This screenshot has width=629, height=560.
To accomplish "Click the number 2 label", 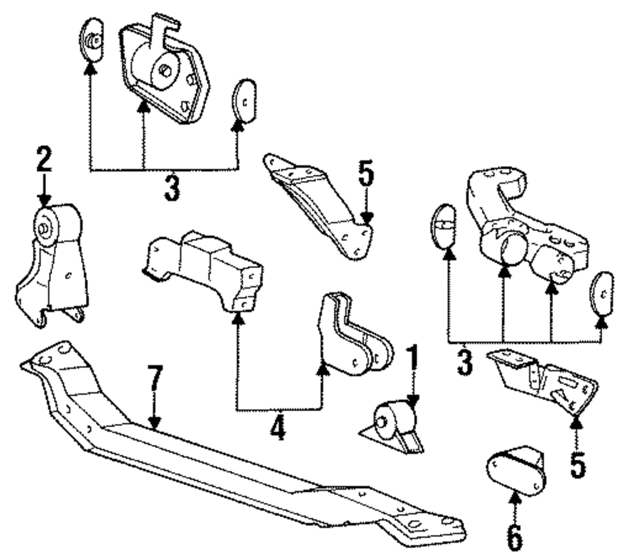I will (43, 160).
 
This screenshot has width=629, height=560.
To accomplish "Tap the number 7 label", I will (155, 381).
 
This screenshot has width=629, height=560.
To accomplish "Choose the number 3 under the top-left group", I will (171, 187).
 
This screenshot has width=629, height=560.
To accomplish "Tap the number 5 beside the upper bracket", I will (367, 177).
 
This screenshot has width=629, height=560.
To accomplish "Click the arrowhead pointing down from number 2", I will (44, 201).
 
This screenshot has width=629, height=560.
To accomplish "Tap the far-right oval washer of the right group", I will (601, 294).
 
